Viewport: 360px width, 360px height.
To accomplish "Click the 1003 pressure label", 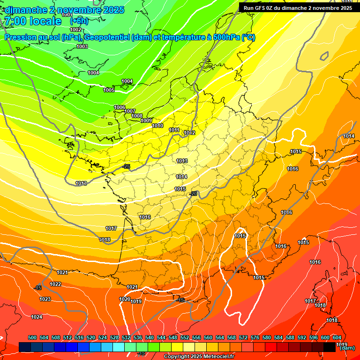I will [82, 46].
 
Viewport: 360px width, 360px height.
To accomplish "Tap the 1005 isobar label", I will [109, 90].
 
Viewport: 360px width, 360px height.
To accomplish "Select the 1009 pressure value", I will [146, 120].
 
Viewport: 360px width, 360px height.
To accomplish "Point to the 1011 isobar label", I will [174, 130].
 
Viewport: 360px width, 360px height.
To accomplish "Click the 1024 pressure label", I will [37, 317].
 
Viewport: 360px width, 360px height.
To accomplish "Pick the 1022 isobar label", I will [55, 284].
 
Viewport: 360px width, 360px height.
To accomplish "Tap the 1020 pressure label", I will [124, 299].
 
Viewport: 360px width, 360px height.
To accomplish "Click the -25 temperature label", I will [126, 166].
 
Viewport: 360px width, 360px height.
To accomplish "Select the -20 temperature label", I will [193, 194].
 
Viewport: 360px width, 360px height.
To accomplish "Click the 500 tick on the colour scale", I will [32, 337].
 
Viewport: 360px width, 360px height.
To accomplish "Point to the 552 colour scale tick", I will [185, 337].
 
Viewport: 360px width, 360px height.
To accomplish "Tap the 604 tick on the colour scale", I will [337, 337].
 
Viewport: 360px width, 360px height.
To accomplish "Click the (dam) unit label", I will [347, 348].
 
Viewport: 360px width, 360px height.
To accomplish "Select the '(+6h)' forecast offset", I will [79, 21].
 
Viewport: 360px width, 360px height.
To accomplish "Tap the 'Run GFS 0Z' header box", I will [298, 7].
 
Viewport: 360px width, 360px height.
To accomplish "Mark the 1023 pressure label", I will [45, 299].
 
